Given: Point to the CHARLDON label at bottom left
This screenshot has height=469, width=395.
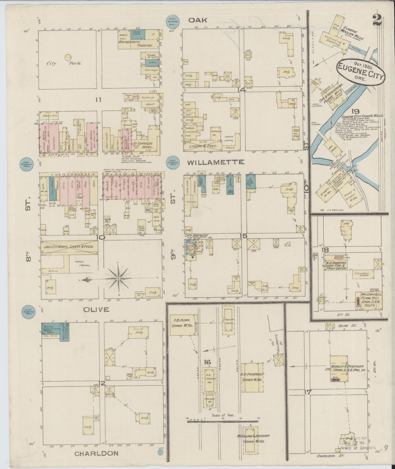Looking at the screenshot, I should pos(96,453).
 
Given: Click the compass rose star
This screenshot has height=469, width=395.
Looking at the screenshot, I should pos(119,279).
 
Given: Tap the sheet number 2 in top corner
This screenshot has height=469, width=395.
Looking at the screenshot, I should pos(377,20).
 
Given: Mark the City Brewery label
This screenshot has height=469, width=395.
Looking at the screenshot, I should pos(196,235).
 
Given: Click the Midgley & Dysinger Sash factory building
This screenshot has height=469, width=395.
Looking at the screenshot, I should pos(339,368).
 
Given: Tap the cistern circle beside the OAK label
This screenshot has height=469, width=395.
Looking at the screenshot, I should pos(173,21).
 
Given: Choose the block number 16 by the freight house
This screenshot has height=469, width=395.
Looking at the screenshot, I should pos(207,362).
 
